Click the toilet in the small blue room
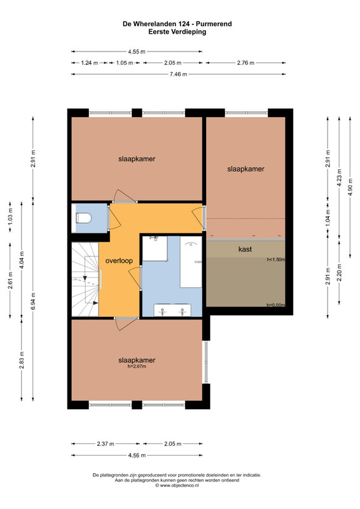click(83, 218)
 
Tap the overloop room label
click(119, 261)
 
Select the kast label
click(245, 249)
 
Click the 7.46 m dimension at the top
click(178, 74)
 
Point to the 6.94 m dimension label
click(33, 301)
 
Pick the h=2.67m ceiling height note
click(137, 366)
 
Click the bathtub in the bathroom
click(191, 262)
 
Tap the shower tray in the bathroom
click(155, 248)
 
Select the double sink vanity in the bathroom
click(172, 310)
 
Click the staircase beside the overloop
click(85, 279)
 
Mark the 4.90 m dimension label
click(350, 187)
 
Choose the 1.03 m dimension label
click(10, 214)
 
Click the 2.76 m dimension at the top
click(246, 62)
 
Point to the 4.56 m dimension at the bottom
click(137, 455)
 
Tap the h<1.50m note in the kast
click(276, 260)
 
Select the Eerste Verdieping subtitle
click(177, 32)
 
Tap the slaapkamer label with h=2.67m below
click(137, 360)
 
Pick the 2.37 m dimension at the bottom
click(106, 443)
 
